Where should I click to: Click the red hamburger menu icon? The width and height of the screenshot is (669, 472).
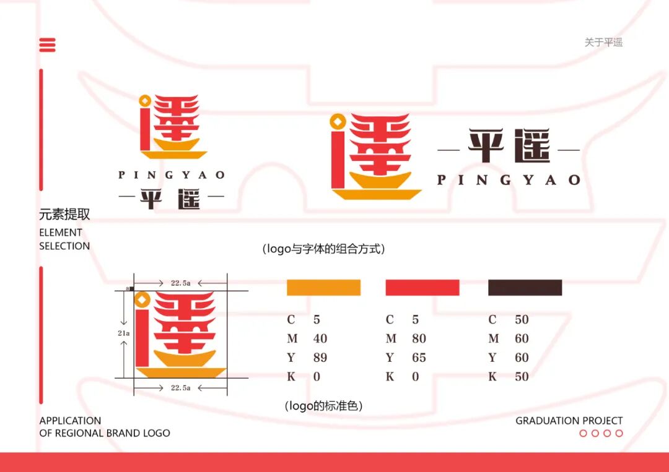point(47,45)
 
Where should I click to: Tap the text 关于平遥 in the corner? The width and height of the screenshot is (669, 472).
point(603,42)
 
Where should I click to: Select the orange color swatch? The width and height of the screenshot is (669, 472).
point(323,288)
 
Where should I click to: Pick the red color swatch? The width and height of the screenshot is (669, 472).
point(422,288)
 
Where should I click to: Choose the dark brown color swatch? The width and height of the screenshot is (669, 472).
point(525,288)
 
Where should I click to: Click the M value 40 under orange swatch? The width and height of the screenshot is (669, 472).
point(320,339)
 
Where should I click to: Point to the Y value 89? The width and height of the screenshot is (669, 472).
point(320,358)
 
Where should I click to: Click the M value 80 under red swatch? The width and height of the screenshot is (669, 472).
point(419,339)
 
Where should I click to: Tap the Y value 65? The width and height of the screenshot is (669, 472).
point(419,358)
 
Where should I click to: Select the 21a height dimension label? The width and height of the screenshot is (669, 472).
point(124,333)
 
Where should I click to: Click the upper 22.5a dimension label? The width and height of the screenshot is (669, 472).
point(180,283)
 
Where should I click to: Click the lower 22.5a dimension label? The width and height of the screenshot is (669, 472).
point(180,388)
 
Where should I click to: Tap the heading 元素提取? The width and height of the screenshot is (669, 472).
point(64,215)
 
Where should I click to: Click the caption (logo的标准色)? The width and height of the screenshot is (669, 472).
point(323,406)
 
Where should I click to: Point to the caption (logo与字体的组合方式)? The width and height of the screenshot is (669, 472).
point(324,249)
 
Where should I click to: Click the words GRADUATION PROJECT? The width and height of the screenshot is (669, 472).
point(569,421)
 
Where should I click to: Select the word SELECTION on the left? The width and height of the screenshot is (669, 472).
point(64,246)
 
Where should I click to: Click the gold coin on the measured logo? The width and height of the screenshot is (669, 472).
point(143,300)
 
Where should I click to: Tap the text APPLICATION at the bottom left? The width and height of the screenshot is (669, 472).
point(70,421)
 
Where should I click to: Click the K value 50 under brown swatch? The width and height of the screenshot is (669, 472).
point(522,377)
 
